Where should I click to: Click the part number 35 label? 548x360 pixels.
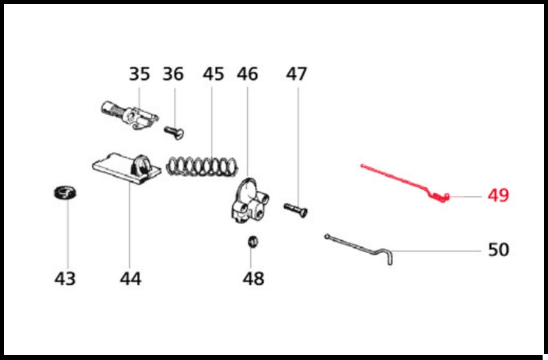139,74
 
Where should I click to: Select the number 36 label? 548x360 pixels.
173,74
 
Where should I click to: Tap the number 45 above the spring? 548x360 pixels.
213,74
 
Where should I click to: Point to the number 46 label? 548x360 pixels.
247,74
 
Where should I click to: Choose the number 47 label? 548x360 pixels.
297,74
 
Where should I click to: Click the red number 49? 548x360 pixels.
498,195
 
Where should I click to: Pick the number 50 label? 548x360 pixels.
498,250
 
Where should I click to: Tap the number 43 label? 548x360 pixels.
65,278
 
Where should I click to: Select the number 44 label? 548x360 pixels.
130,278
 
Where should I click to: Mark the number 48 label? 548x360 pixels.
253,278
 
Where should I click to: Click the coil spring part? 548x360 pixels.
202,166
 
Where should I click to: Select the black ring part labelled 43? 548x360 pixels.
65,192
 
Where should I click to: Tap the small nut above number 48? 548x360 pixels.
253,242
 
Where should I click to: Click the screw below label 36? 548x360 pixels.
174,133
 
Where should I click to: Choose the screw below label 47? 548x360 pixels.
296,211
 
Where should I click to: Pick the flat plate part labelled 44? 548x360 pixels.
127,169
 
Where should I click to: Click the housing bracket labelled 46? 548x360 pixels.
249,200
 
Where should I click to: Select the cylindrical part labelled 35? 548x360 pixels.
129,115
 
